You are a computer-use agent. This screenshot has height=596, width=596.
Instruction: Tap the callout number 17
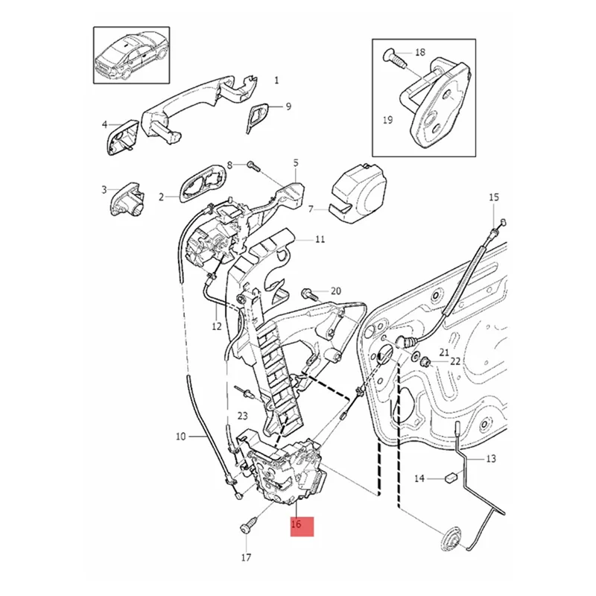(247, 557)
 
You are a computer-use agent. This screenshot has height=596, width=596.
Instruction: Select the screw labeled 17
(246, 526)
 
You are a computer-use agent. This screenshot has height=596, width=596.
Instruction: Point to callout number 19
(387, 119)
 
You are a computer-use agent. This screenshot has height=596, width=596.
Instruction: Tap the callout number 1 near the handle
(276, 80)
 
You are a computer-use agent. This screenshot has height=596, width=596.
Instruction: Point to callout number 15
(493, 197)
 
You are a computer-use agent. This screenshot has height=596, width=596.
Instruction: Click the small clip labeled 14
(449, 478)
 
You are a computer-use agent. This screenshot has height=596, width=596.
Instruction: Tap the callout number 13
(490, 459)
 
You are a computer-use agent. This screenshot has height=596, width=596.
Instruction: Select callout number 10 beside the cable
(181, 437)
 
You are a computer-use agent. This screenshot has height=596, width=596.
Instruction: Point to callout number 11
(320, 240)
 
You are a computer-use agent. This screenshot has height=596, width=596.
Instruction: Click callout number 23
(242, 415)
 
